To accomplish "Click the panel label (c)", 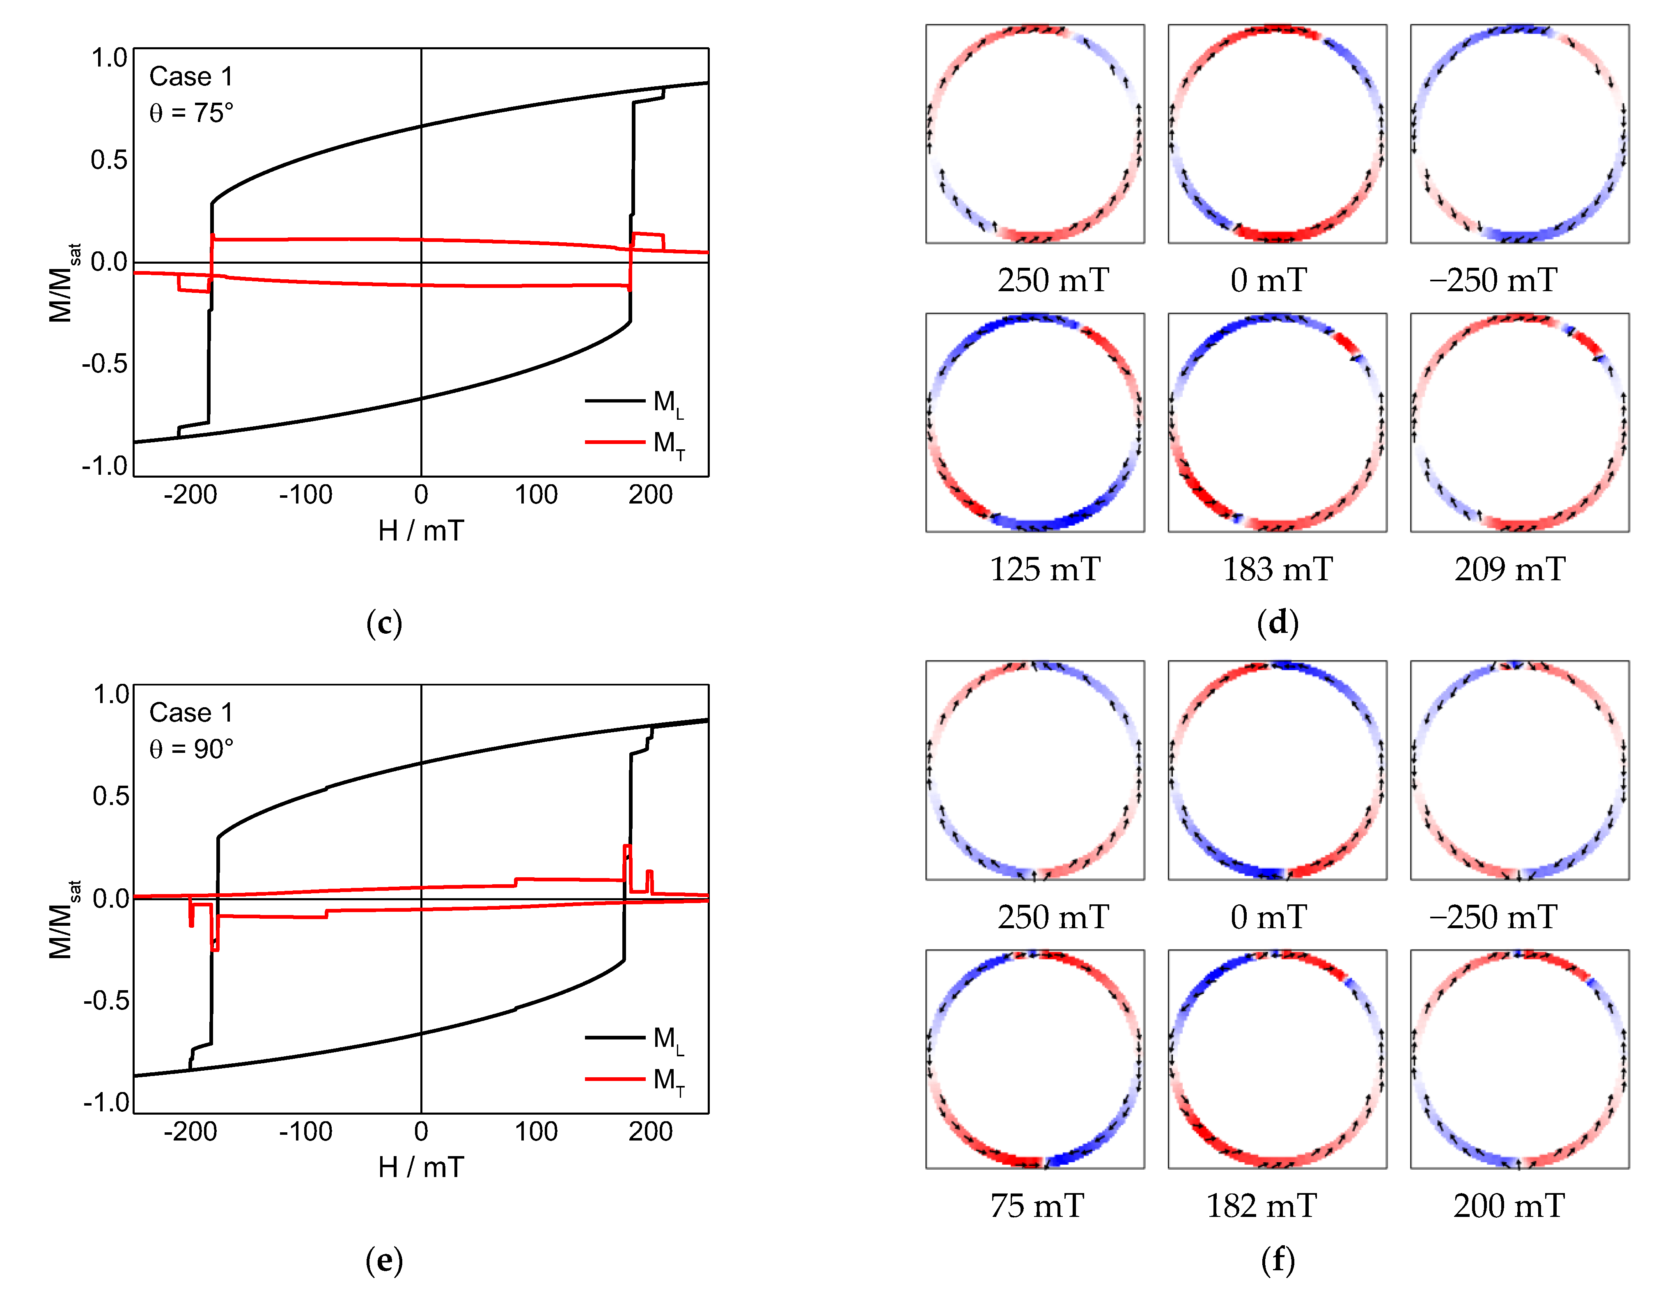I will [384, 623].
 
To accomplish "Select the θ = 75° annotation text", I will [191, 113].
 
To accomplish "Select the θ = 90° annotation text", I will [191, 749].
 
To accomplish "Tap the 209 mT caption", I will [1510, 570].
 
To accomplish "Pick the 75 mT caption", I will [1037, 1206].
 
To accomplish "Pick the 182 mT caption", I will [1262, 1206].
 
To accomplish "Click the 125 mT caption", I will [1045, 570].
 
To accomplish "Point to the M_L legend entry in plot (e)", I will [637, 1039].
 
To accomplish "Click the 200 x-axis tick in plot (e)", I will [651, 1131].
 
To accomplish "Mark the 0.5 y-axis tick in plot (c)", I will [109, 160].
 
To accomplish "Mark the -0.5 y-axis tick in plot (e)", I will [106, 1001].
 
